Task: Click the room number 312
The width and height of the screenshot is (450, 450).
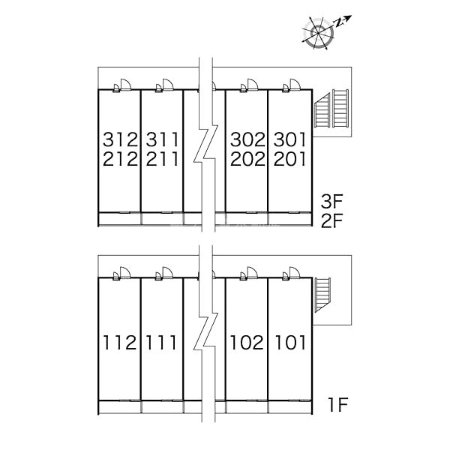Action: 121,139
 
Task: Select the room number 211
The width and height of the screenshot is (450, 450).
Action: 162,159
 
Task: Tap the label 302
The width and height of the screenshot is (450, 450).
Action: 247,139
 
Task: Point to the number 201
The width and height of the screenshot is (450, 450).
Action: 289,159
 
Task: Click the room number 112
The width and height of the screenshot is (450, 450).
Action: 120,343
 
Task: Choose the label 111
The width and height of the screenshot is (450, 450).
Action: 161,343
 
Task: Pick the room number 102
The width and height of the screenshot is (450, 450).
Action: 247,343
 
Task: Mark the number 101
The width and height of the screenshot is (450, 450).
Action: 290,343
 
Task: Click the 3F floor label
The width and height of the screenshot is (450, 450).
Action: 332,201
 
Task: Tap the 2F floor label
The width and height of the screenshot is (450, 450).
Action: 332,220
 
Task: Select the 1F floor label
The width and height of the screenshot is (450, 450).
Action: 338,404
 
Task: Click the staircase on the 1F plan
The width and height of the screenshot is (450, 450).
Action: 322,295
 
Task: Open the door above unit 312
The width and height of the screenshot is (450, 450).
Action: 126,85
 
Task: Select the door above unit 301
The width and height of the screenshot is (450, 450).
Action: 295,85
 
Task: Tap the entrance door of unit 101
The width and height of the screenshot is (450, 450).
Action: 295,273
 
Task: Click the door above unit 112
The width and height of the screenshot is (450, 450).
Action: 125,273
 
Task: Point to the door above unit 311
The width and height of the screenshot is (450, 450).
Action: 168,85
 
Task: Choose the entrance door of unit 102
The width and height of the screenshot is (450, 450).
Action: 252,273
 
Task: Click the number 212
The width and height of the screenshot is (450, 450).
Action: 121,159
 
